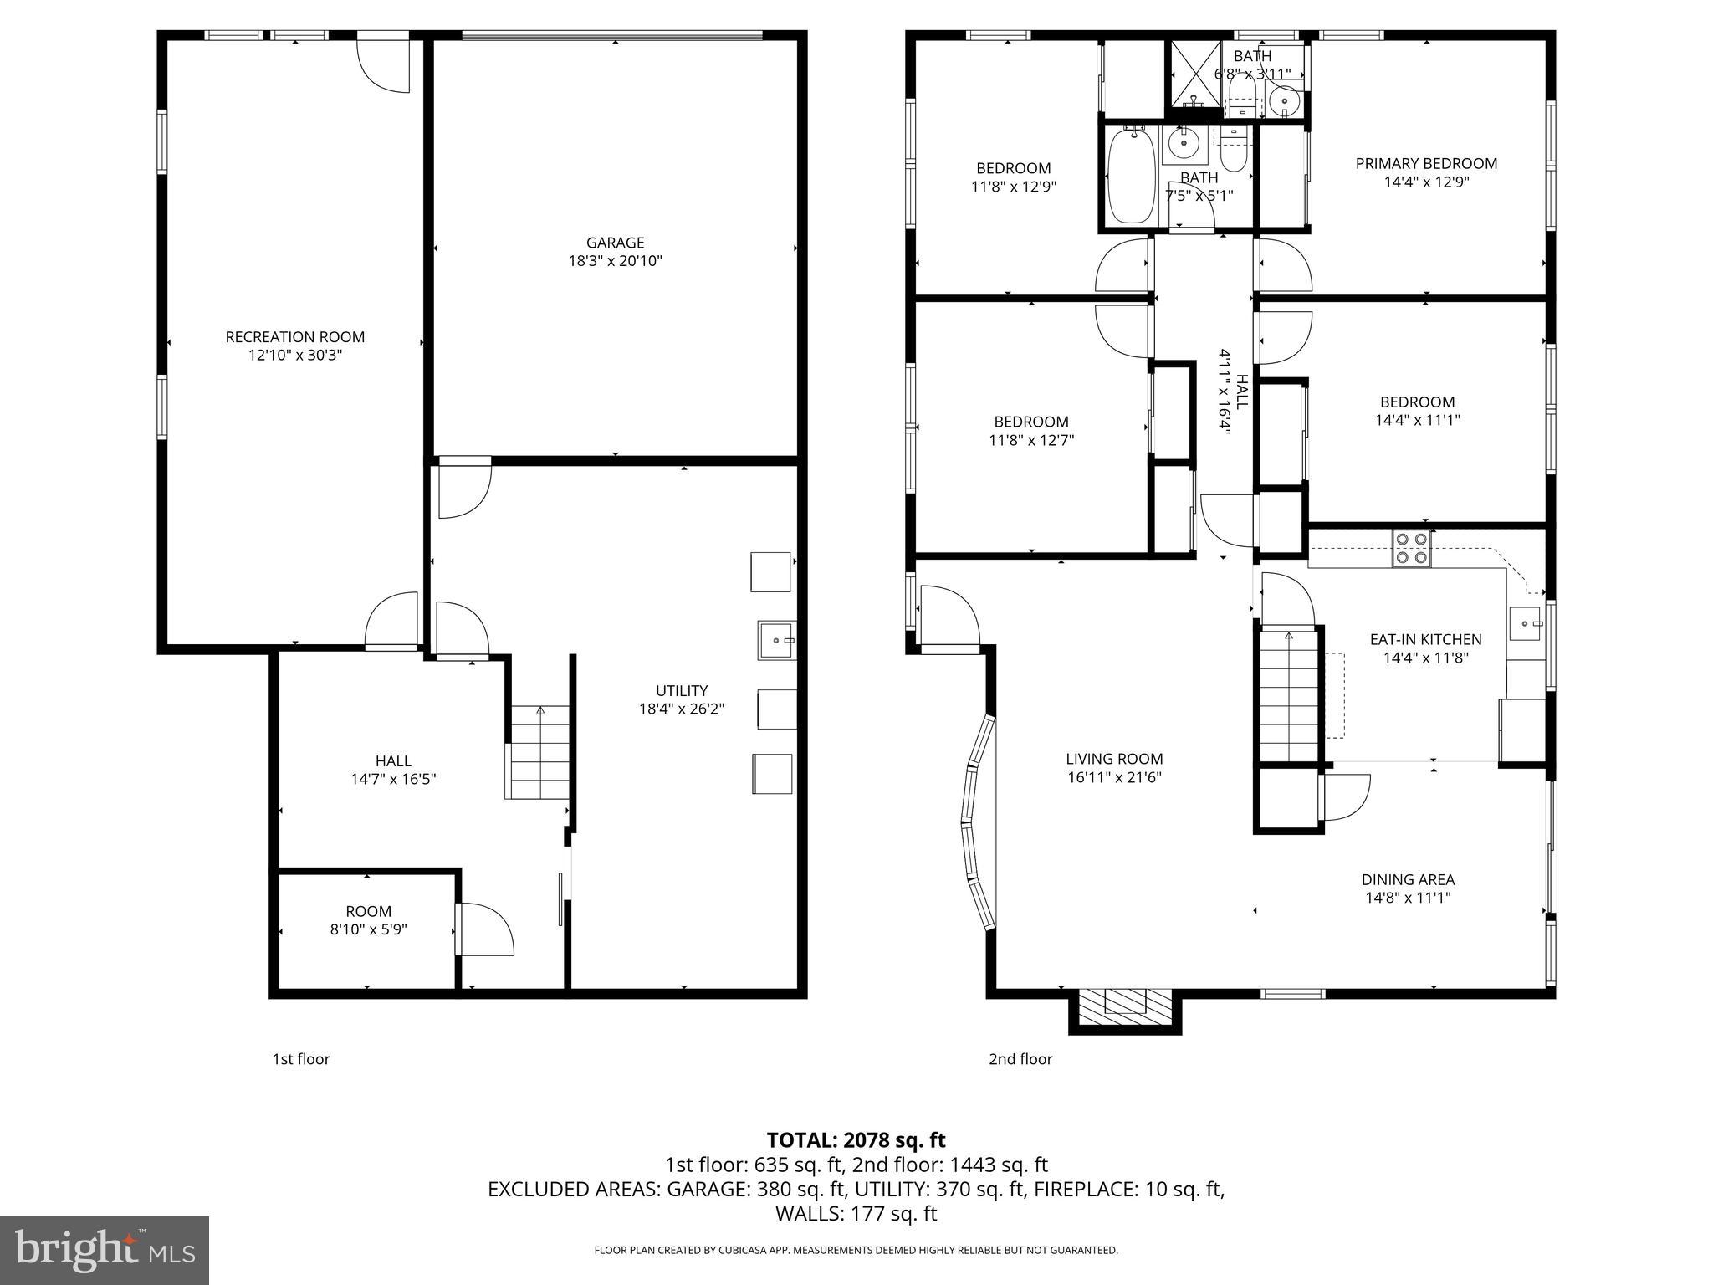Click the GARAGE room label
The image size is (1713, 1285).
615,243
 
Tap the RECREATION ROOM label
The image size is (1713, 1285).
294,337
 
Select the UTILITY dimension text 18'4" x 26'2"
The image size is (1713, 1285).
681,709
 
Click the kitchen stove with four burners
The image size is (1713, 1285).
1411,549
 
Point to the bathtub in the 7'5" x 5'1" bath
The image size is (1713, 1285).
1133,177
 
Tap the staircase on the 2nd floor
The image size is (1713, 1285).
1288,694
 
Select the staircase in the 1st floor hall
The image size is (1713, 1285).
539,752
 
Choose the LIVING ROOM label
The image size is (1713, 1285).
1114,759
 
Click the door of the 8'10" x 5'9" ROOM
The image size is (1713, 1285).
485,929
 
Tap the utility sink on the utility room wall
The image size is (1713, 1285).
776,640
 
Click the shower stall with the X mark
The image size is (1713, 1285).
1194,75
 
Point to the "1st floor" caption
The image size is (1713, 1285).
301,1059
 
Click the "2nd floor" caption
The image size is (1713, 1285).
1020,1059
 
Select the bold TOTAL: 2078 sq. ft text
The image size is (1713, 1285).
856,1140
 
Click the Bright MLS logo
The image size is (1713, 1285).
105,1250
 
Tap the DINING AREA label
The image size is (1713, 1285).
1408,879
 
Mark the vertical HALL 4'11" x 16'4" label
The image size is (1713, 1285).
1234,391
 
